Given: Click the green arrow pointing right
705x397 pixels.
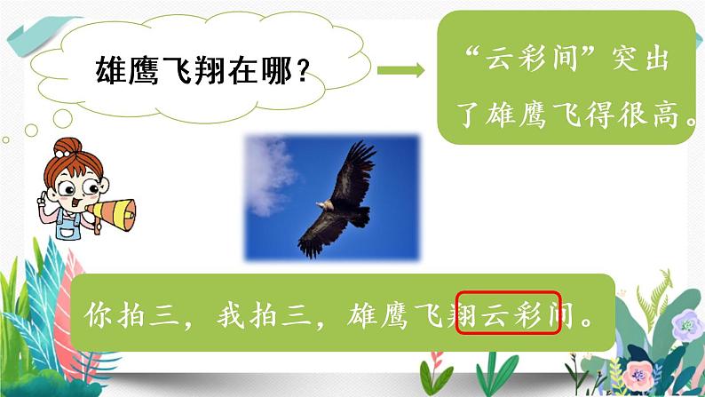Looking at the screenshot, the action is (400, 69).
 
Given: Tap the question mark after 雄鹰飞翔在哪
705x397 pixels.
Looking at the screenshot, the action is (304, 70).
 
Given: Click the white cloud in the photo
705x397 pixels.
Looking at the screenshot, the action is (269, 175).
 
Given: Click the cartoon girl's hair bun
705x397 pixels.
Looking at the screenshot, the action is (67, 147).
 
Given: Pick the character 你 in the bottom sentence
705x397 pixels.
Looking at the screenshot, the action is (99, 314).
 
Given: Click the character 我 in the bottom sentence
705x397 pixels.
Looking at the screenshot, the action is (231, 314).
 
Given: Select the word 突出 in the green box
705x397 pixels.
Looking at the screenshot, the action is (640, 59).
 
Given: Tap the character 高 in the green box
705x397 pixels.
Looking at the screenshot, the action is (665, 115).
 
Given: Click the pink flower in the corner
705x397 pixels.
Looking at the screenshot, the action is (638, 376).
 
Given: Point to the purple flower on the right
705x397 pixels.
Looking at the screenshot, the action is (687, 324).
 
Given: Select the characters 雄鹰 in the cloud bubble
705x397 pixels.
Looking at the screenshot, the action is (128, 70).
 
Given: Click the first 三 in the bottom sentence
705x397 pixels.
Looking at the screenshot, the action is (164, 314).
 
